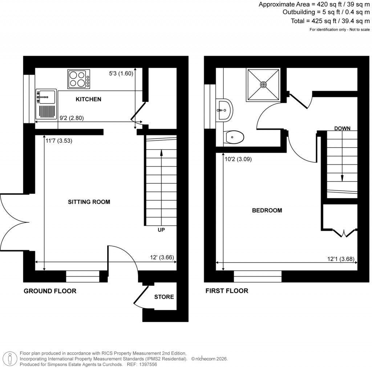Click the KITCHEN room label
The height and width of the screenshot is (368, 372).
tap(88, 99)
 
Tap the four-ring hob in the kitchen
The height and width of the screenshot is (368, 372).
tap(78, 79)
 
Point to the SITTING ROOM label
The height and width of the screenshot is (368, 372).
tap(89, 202)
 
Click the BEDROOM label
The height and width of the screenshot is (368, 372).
tap(267, 210)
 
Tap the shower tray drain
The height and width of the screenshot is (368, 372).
tap(263, 84)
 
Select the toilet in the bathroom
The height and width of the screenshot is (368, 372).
tap(234, 137)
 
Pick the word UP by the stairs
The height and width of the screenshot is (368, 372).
tap(162, 230)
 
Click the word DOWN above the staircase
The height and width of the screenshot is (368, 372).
tap(342, 128)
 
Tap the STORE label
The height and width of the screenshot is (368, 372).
tap(164, 297)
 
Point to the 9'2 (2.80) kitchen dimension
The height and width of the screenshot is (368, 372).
tap(72, 118)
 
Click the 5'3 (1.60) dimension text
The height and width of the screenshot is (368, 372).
tap(121, 73)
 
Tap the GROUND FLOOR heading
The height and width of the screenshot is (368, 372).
tap(50, 291)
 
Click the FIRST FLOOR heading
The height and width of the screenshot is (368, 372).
tap(227, 291)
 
